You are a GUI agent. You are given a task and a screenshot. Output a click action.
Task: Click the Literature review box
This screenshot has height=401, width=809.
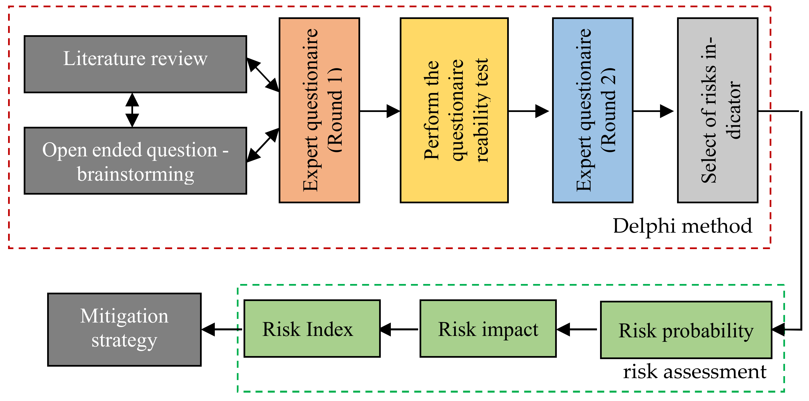click(135, 64)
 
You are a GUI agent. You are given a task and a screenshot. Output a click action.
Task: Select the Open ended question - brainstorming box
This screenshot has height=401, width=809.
click(135, 161)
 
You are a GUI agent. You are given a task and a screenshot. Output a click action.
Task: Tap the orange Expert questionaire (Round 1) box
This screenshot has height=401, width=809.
click(319, 110)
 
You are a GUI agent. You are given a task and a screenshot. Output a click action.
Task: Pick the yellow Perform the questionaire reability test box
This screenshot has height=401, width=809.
click(454, 110)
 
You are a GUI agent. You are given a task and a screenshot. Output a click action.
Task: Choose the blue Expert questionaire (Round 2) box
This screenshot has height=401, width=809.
click(592, 110)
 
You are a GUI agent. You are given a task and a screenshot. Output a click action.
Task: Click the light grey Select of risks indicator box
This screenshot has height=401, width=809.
click(717, 110)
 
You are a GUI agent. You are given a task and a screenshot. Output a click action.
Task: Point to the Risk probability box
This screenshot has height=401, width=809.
click(686, 330)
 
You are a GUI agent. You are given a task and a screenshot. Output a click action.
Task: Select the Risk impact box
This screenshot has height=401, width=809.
click(488, 328)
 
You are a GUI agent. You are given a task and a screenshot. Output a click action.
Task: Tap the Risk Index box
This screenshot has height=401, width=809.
click(312, 328)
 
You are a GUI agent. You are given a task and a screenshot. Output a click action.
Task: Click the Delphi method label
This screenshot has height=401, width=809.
click(682, 226)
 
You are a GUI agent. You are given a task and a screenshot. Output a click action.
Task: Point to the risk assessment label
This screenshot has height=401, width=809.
click(694, 372)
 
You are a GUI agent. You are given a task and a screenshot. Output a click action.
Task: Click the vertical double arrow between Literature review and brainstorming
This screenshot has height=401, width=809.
click(132, 110)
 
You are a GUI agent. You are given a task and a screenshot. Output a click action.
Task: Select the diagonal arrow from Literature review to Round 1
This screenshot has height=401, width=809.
click(263, 75)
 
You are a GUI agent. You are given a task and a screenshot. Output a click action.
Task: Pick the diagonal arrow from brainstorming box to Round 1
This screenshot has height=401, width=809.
click(263, 145)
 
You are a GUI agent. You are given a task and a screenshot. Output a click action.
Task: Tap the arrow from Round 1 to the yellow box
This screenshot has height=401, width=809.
click(379, 111)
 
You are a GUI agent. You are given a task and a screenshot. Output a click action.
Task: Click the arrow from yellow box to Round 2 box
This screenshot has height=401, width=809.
click(528, 111)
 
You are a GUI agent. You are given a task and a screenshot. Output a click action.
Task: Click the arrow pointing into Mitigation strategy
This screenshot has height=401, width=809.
click(222, 329)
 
